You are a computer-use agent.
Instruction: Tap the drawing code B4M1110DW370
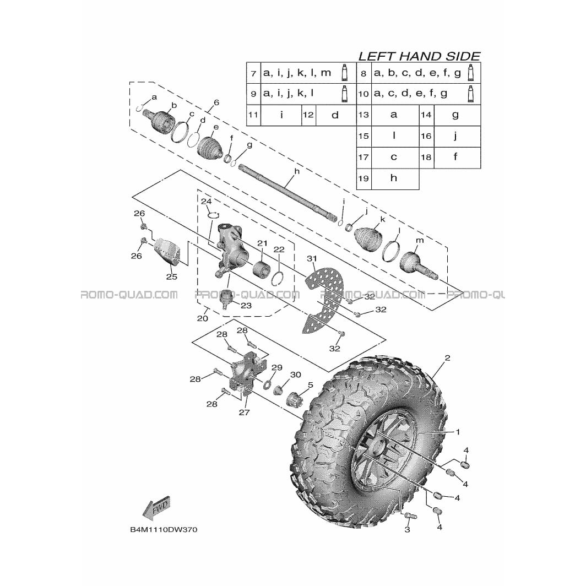(x=164, y=530)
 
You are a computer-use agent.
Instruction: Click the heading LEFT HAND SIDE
(x=419, y=56)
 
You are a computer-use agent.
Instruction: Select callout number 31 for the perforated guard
(x=312, y=258)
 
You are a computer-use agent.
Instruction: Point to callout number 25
(x=171, y=277)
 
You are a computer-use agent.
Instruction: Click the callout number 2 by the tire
(x=447, y=357)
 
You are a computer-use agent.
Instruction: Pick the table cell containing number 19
(x=363, y=178)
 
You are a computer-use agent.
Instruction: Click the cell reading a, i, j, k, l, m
(x=297, y=73)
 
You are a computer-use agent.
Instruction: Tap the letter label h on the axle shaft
(x=297, y=171)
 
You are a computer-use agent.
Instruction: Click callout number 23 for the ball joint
(x=246, y=306)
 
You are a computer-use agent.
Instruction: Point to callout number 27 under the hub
(x=244, y=412)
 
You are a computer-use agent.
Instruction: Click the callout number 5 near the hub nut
(x=310, y=385)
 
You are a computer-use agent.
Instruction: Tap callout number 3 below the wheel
(x=408, y=529)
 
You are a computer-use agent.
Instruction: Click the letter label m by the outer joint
(x=420, y=240)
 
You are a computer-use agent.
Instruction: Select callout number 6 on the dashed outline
(x=216, y=103)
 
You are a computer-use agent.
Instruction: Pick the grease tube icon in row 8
(x=470, y=73)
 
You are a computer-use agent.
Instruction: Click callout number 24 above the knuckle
(x=207, y=202)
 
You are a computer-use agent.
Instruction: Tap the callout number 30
(x=295, y=375)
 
